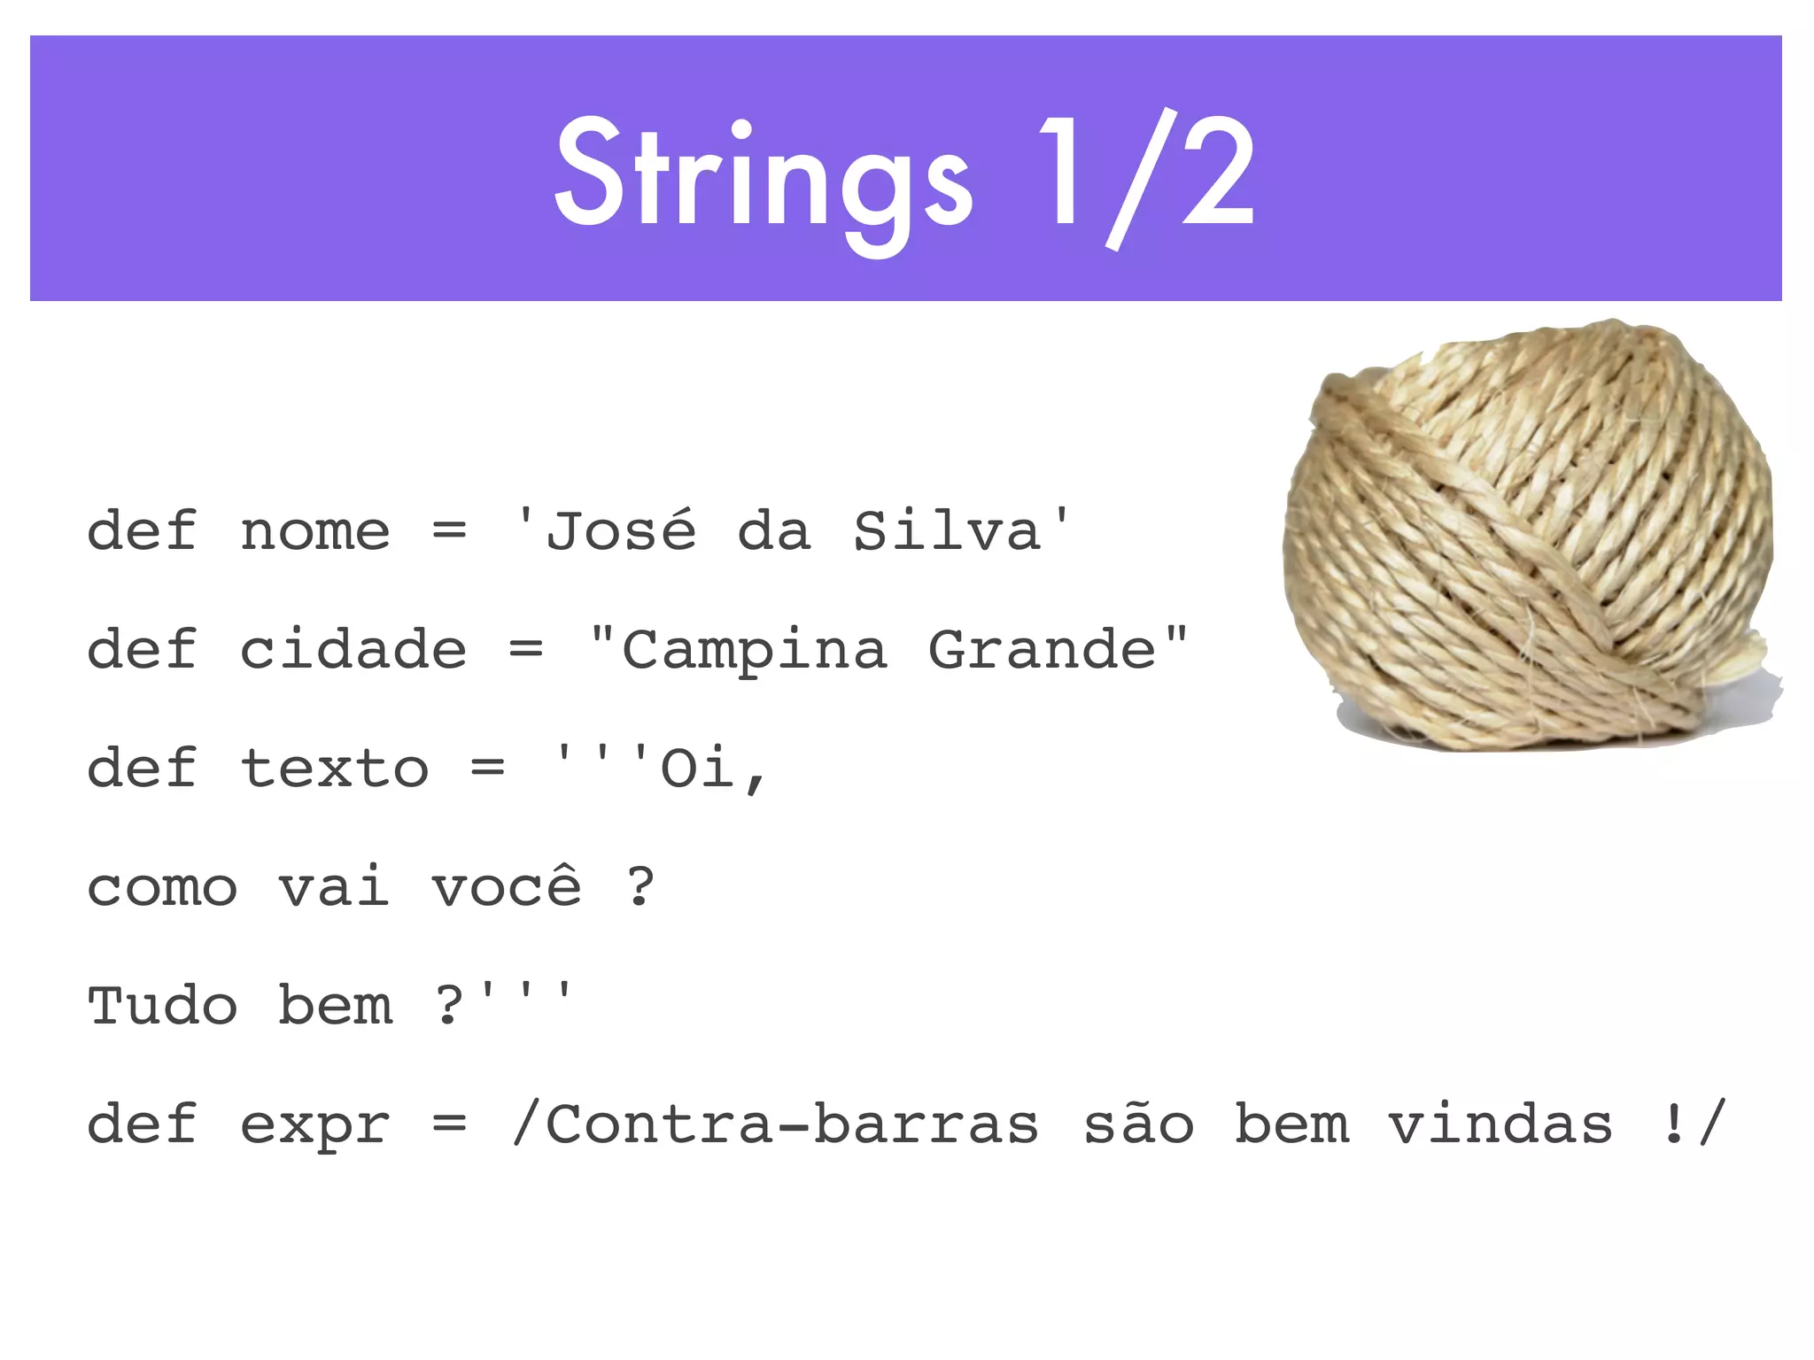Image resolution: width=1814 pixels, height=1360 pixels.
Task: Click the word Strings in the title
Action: click(764, 177)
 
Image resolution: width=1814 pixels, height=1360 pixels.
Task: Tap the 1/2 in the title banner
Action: click(1146, 177)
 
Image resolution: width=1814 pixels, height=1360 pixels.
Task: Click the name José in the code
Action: click(620, 531)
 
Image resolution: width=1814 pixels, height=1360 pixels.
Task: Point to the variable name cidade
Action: click(353, 650)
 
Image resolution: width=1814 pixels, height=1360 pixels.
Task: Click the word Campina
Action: click(754, 652)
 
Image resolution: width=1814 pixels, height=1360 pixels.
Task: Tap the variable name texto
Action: click(334, 768)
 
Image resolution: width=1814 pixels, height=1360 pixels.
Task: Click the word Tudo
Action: click(162, 1006)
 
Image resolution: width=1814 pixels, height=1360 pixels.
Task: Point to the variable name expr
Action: click(314, 1126)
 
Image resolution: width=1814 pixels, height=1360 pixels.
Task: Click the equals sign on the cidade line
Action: click(526, 651)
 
